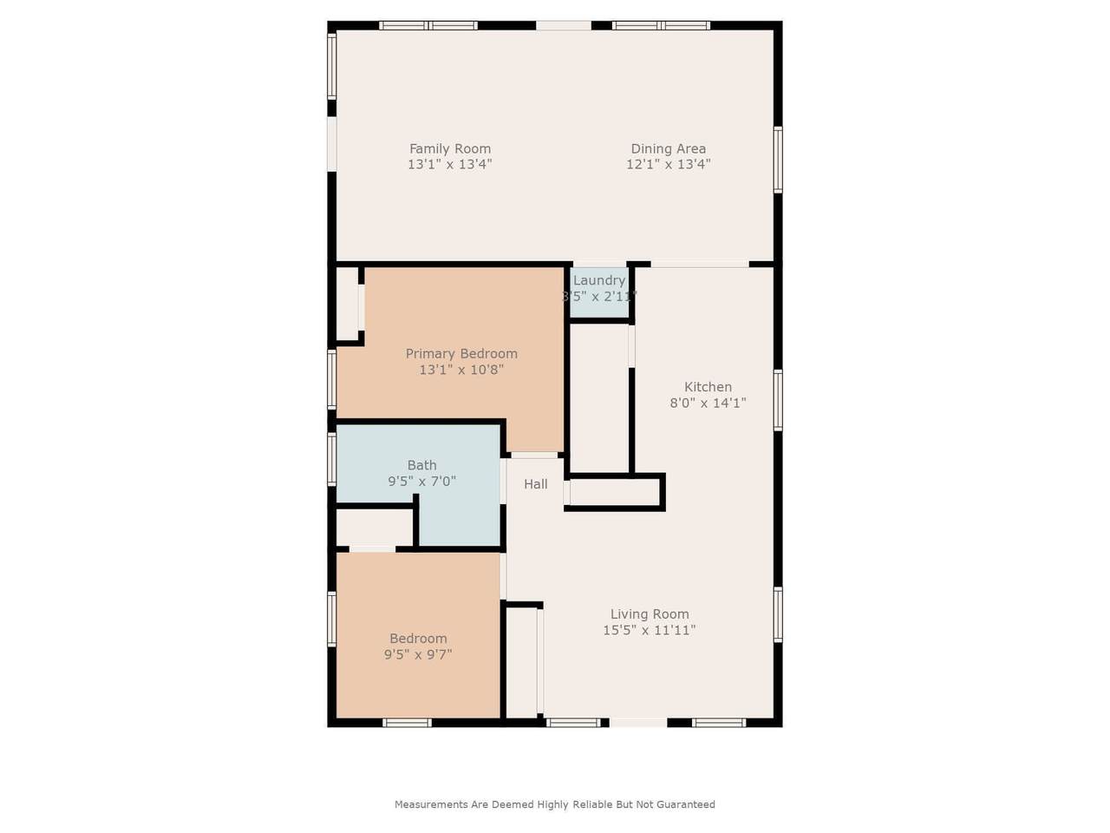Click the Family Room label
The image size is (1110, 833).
pyautogui.click(x=450, y=148)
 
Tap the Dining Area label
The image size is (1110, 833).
pyautogui.click(x=668, y=148)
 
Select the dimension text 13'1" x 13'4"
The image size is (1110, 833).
pyautogui.click(x=450, y=164)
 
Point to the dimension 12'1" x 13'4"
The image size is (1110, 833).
pyautogui.click(x=668, y=164)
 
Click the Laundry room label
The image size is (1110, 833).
pyautogui.click(x=598, y=280)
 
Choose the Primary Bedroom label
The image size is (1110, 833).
pyautogui.click(x=461, y=353)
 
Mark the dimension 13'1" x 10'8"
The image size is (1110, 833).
pyautogui.click(x=461, y=370)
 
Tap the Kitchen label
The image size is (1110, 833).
pyautogui.click(x=708, y=387)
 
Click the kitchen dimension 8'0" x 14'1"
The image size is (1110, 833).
pyautogui.click(x=708, y=403)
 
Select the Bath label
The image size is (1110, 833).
pyautogui.click(x=422, y=465)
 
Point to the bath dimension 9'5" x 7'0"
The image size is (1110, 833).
pyautogui.click(x=422, y=481)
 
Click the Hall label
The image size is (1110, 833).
pyautogui.click(x=535, y=484)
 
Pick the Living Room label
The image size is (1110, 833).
pyautogui.click(x=650, y=614)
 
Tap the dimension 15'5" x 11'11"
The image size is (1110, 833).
pyautogui.click(x=650, y=630)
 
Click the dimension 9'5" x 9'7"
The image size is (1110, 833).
pyautogui.click(x=418, y=655)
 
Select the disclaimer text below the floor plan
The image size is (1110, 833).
pyautogui.click(x=555, y=804)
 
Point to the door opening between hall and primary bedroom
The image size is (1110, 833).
pyautogui.click(x=534, y=455)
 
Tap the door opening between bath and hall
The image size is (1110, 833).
pyautogui.click(x=504, y=481)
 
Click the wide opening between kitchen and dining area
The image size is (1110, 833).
pyautogui.click(x=699, y=264)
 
